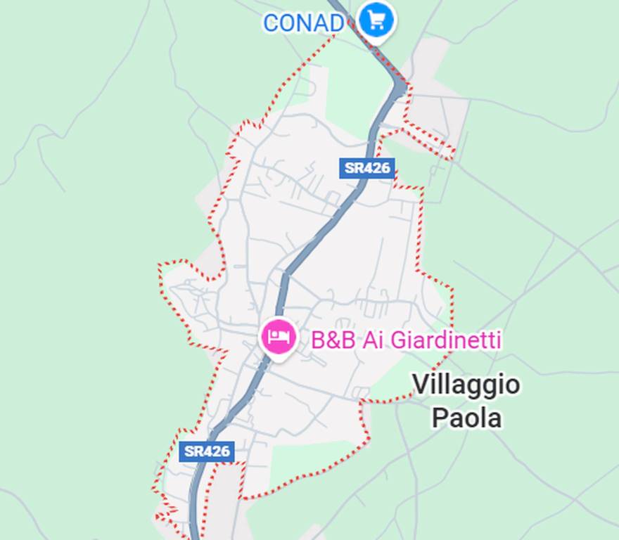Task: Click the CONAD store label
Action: pyautogui.click(x=303, y=22)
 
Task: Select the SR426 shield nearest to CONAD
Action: pyautogui.click(x=366, y=168)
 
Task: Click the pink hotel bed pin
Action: pyautogui.click(x=278, y=337)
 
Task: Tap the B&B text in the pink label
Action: pyautogui.click(x=333, y=340)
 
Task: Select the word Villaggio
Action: pyautogui.click(x=466, y=385)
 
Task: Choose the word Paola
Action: pyautogui.click(x=466, y=418)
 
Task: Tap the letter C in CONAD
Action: pyautogui.click(x=271, y=22)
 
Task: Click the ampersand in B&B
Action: pyautogui.click(x=333, y=340)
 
